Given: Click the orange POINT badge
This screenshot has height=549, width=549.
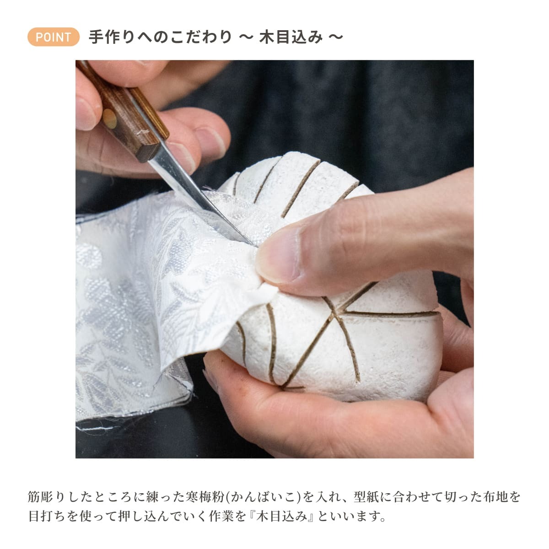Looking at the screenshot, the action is (53, 37).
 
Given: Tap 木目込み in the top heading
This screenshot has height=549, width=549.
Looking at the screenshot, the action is (291, 37).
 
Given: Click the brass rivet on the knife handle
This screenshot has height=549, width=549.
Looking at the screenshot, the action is (110, 118).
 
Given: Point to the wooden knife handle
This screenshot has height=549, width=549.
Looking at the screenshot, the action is (123, 112).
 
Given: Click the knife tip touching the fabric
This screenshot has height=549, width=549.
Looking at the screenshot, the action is (252, 244).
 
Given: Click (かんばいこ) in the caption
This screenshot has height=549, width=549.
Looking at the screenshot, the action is (263, 496).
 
